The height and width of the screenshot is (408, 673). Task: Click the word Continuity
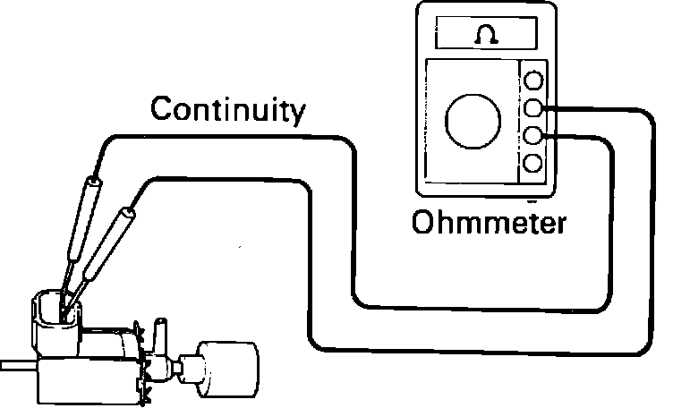click(227, 110)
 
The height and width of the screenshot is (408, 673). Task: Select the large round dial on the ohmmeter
click(473, 120)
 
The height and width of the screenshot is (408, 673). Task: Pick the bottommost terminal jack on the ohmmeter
click(534, 164)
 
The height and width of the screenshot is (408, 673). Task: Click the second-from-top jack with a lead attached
click(534, 109)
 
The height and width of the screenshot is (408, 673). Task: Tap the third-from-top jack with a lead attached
click(534, 136)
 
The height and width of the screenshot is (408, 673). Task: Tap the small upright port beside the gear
click(161, 336)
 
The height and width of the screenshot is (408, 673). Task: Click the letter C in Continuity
click(162, 110)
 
